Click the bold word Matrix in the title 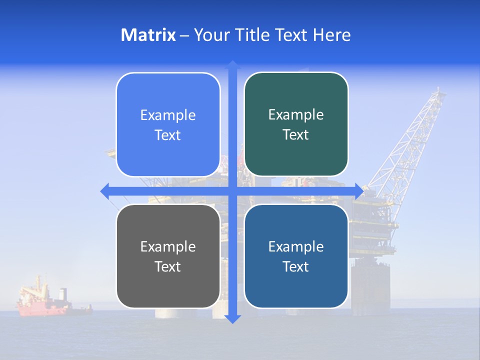148,35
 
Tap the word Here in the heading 332,35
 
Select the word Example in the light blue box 168,115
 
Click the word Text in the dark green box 296,135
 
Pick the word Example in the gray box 168,246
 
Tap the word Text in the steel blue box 296,266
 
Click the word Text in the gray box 168,266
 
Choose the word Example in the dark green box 296,115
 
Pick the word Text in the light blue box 168,135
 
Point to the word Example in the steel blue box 296,246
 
